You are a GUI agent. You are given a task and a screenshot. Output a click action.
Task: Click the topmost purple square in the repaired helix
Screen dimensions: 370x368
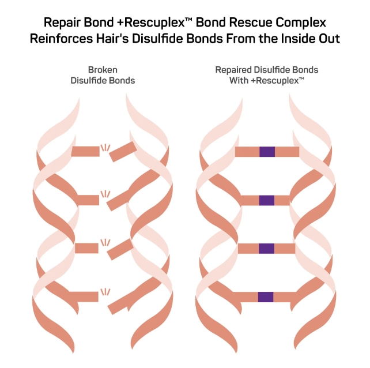click(x=267, y=152)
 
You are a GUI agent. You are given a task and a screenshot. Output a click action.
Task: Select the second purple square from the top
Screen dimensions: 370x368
click(x=267, y=200)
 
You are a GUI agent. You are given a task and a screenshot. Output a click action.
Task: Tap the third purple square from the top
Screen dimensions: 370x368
click(x=266, y=249)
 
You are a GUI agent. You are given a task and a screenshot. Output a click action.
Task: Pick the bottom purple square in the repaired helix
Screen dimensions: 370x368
click(x=266, y=297)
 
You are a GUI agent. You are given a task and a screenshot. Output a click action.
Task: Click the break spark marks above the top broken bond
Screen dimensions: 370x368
click(x=105, y=148)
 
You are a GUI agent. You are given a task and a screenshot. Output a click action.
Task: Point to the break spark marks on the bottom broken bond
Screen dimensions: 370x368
click(x=105, y=292)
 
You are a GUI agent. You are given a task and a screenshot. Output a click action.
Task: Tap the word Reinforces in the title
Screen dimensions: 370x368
click(x=61, y=39)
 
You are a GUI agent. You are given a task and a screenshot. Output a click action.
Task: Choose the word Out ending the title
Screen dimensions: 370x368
click(x=330, y=39)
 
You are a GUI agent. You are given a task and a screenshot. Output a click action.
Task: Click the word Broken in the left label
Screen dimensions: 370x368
click(x=103, y=70)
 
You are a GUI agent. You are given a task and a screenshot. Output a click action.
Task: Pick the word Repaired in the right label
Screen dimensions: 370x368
click(x=233, y=70)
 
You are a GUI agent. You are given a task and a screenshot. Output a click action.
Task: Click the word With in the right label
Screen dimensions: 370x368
click(x=239, y=81)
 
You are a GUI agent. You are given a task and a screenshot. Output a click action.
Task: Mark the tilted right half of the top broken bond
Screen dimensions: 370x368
click(x=123, y=152)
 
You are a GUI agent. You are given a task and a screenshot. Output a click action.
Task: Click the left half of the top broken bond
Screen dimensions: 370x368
click(x=85, y=151)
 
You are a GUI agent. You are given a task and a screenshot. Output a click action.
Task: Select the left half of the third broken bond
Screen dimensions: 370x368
click(x=86, y=248)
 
